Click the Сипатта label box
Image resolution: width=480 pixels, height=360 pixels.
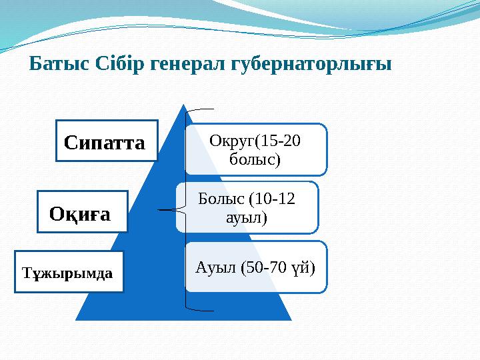coord(105,141)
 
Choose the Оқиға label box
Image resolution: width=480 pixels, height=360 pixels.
coord(82,212)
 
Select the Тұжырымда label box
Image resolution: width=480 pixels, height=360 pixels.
coord(69,273)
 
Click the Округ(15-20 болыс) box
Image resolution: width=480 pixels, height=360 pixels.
coord(255,149)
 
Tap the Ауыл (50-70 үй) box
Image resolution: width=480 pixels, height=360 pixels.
coord(256,267)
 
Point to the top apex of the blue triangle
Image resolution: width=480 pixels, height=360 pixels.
coord(184,105)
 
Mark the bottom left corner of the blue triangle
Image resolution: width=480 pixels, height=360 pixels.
coord(76,319)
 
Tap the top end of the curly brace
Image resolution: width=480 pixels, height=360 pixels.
coord(213,108)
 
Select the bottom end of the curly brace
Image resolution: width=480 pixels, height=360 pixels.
coord(213,311)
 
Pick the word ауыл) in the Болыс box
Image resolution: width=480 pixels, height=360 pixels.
coord(247,217)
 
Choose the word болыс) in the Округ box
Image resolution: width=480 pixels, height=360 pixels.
coord(255,159)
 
